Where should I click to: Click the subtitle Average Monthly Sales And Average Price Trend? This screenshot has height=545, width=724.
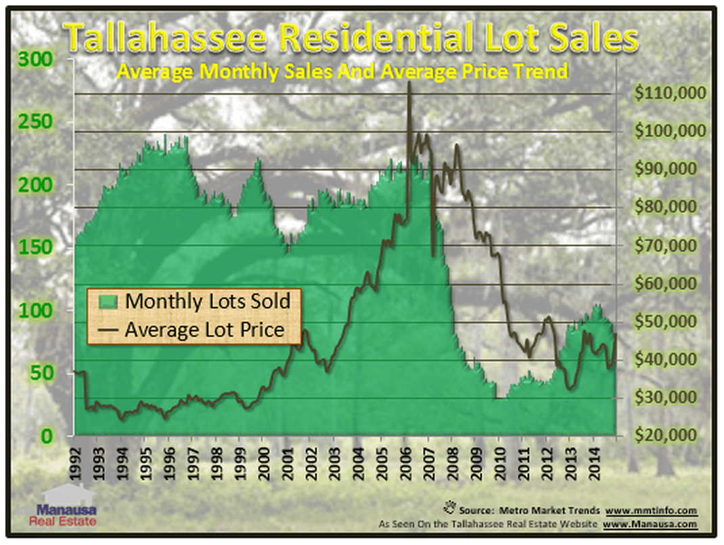point(342,71)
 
